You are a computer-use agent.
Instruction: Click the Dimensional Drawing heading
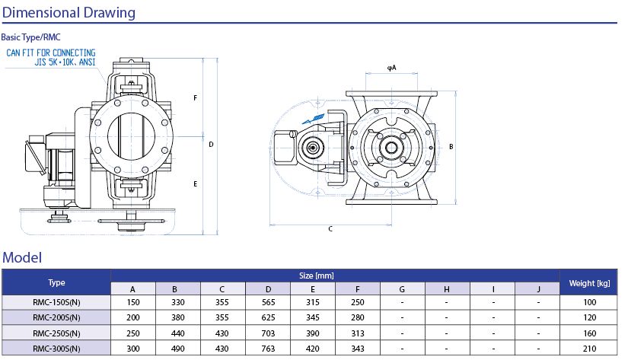click(x=69, y=12)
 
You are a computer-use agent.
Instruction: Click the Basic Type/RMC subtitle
click(x=31, y=37)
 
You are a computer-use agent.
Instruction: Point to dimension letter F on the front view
click(x=196, y=99)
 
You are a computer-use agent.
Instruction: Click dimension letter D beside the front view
click(x=211, y=143)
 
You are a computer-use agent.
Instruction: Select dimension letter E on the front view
click(x=196, y=184)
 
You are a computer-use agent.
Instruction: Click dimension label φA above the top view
click(x=391, y=68)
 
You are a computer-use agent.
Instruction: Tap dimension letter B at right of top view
click(x=451, y=146)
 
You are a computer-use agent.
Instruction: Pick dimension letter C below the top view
click(x=330, y=228)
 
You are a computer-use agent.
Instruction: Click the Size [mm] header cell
click(x=335, y=276)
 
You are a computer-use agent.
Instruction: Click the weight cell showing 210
click(x=589, y=349)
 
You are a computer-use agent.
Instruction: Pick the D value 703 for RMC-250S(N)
click(x=267, y=333)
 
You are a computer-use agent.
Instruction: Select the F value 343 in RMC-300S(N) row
click(x=357, y=349)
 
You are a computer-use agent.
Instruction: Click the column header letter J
click(x=537, y=289)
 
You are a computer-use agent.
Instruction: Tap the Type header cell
click(x=56, y=282)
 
